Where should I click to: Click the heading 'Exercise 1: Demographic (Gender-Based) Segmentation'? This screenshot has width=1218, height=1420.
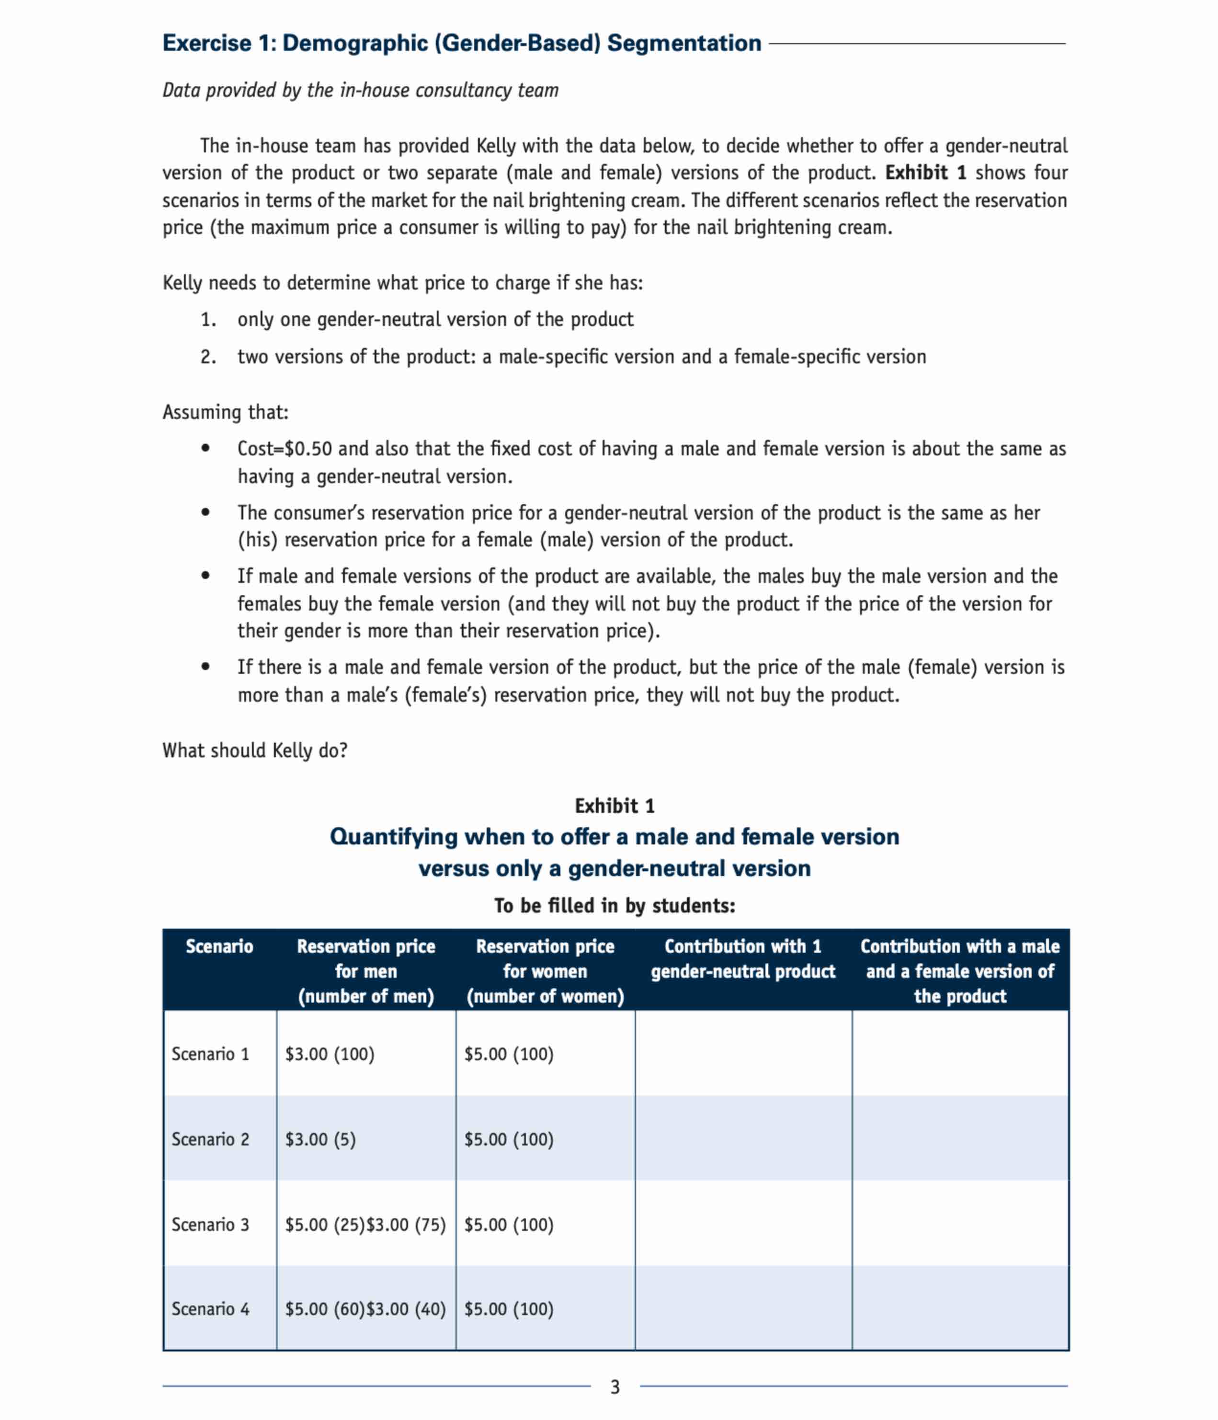pos(461,43)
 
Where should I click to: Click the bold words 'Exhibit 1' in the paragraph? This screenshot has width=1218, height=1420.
pos(925,173)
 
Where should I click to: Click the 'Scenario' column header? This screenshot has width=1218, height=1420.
pos(219,947)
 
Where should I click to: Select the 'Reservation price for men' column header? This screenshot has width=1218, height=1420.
pos(366,970)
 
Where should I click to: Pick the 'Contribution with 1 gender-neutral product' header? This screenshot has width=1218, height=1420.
pos(742,959)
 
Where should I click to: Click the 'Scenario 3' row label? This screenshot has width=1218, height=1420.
pos(210,1224)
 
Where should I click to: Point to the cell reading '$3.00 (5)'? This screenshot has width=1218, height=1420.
pos(320,1139)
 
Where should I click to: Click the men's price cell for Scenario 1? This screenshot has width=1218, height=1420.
pos(330,1053)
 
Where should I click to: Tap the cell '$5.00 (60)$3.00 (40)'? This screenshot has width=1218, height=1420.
pos(365,1309)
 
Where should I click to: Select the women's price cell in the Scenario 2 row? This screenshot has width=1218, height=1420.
pos(508,1139)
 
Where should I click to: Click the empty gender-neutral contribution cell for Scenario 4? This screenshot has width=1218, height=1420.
pos(742,1309)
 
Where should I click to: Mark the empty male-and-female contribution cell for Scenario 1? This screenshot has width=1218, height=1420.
pos(960,1053)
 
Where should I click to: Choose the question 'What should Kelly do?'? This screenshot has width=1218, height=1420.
pos(255,750)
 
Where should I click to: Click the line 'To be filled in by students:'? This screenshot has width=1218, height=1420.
pos(615,905)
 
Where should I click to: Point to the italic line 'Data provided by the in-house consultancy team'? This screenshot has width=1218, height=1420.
pos(360,91)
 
